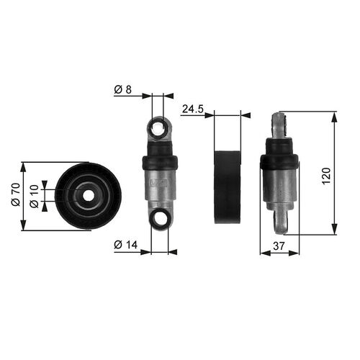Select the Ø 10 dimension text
click(32, 196)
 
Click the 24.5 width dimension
click(192, 109)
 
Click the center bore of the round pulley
click(88, 196)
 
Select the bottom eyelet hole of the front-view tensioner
click(160, 218)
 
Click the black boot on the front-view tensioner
click(160, 162)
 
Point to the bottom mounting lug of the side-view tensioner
click(282, 219)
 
